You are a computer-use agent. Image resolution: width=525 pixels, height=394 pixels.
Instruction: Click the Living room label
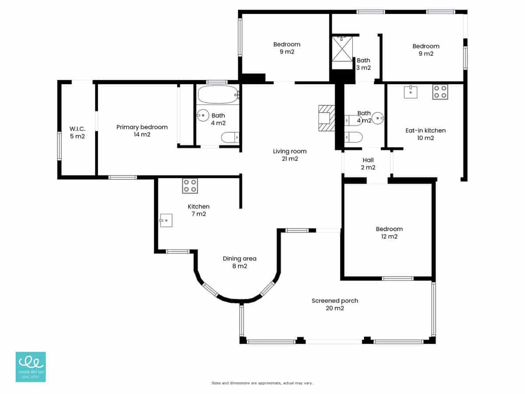(290, 155)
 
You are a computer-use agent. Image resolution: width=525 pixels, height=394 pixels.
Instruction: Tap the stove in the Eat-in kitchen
(440, 92)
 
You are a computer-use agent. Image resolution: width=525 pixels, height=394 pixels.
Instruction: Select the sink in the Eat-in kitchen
(411, 92)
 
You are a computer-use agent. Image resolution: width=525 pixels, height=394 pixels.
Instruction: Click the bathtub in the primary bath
(217, 94)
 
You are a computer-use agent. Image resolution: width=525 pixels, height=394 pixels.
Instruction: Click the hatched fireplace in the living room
(326, 118)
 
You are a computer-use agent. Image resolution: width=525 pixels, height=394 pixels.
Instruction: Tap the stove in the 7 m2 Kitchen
(190, 186)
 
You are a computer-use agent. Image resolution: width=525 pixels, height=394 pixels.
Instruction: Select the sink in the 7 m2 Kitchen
(166, 221)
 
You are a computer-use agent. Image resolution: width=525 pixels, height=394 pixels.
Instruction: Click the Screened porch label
(335, 304)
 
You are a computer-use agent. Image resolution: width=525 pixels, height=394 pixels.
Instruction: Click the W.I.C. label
(77, 132)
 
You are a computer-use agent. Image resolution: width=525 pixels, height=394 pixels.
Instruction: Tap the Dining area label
(239, 262)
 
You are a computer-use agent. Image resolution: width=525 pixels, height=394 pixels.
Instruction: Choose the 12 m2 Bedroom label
(389, 232)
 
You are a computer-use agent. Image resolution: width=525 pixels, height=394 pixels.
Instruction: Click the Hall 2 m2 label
(367, 163)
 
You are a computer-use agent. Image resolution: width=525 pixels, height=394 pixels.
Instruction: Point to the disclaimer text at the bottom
(262, 383)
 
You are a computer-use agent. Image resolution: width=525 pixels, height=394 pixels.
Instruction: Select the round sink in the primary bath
(203, 116)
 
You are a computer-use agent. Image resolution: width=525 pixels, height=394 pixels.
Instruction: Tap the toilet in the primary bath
(230, 138)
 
